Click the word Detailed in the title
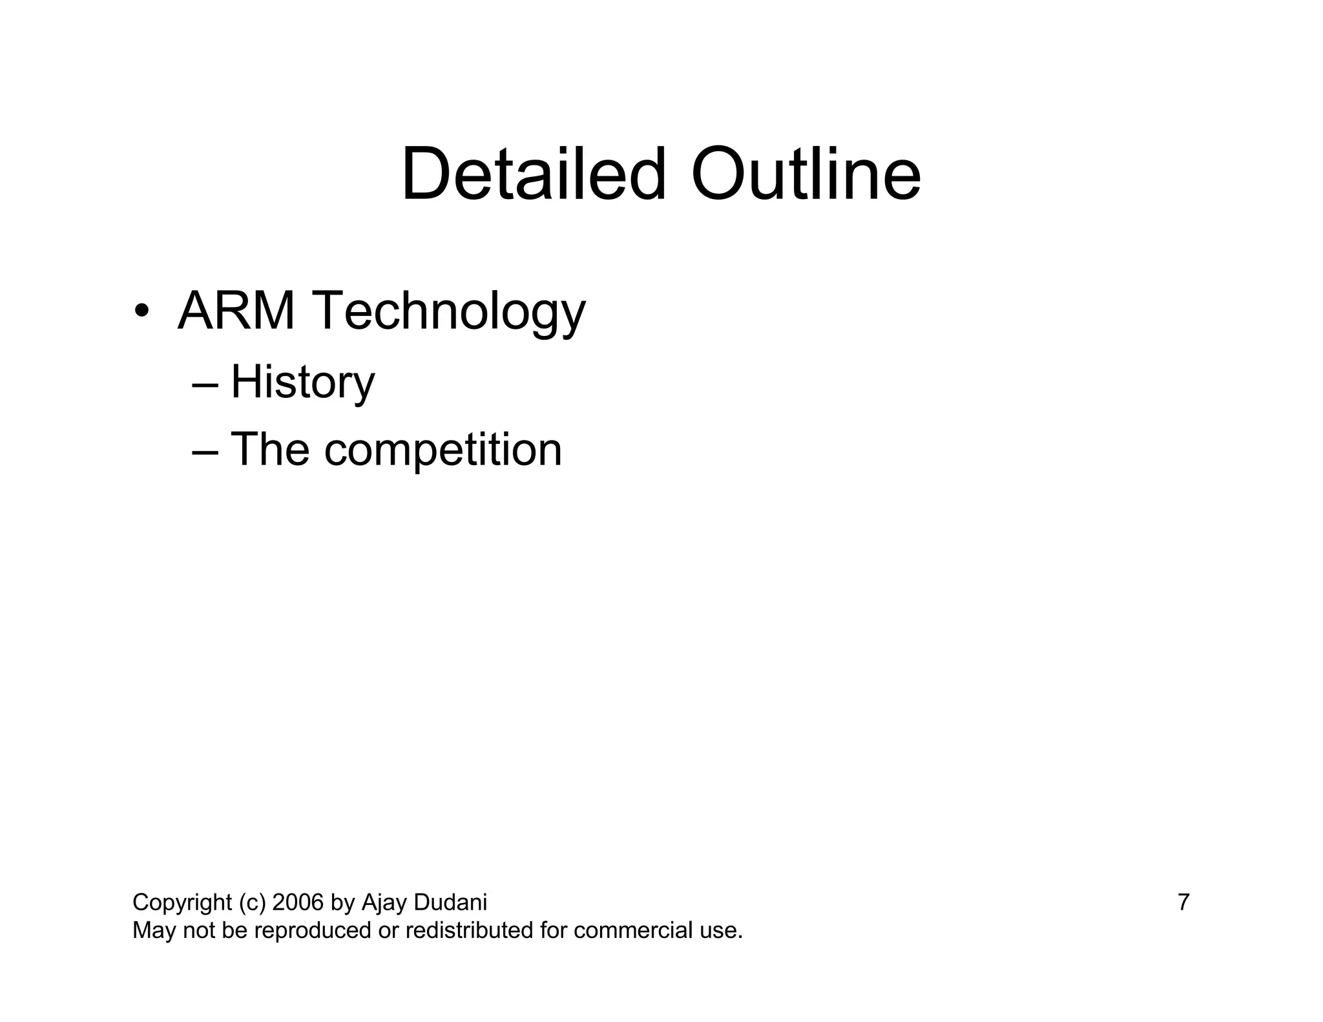(533, 174)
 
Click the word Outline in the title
(806, 174)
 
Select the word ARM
(236, 311)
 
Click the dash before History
(205, 384)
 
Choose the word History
(302, 382)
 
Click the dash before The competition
(205, 452)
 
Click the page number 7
(1183, 902)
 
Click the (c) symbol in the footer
(252, 902)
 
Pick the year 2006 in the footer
(298, 902)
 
